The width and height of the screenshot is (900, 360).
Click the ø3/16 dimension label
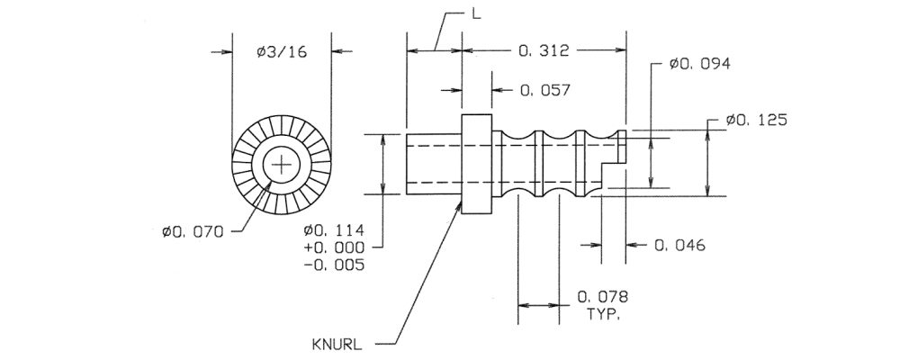coord(282,52)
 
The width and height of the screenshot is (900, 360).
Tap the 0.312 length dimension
coord(544,52)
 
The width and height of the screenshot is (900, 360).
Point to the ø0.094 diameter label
coord(699,65)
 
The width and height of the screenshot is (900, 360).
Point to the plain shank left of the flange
coord(433,164)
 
